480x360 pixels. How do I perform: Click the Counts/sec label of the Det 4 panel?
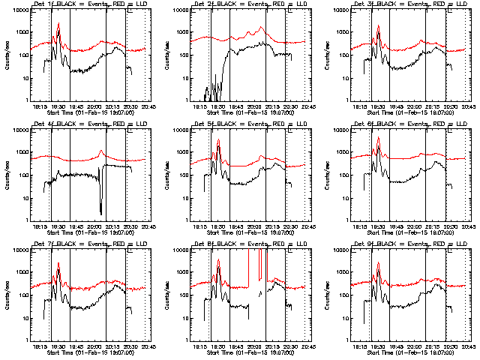[7, 175]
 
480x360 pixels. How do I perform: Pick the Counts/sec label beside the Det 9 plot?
[328, 295]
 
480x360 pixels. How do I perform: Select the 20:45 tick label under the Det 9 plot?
[467, 346]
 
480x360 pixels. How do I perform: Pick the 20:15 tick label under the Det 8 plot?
[268, 346]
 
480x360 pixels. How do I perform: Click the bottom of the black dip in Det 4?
[100, 212]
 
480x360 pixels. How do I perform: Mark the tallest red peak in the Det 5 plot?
[218, 139]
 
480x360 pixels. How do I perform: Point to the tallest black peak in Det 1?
[58, 24]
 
